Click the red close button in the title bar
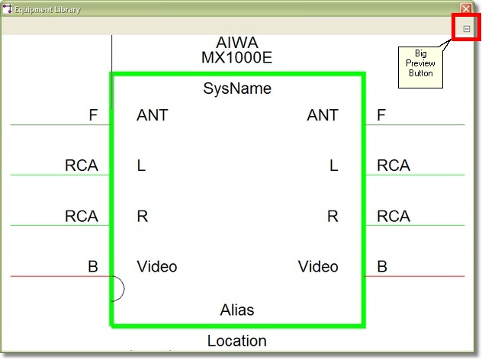[x=466, y=8]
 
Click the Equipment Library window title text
[x=47, y=9]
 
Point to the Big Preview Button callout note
[x=420, y=67]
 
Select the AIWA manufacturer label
[x=237, y=43]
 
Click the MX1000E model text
[x=236, y=57]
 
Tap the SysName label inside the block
[x=237, y=88]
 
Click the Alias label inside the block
[x=237, y=310]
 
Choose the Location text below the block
[x=236, y=341]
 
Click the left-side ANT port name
[x=153, y=115]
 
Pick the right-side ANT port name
[x=323, y=115]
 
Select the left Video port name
[x=157, y=266]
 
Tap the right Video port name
[x=318, y=266]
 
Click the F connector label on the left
[x=93, y=115]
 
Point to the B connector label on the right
[x=382, y=266]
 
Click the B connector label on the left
[x=93, y=266]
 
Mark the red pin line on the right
[x=415, y=276]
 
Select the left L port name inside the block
[x=141, y=166]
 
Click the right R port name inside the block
[x=333, y=216]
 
